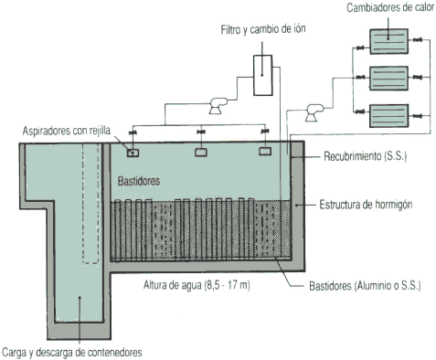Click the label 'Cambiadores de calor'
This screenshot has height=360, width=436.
coord(390,7)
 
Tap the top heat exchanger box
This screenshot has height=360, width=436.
coord(388,41)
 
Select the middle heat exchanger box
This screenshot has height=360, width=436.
coord(388,78)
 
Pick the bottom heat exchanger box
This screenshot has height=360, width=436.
coord(388,115)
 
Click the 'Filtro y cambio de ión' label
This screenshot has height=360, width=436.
coord(263,29)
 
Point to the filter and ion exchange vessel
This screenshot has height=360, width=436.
coord(263,75)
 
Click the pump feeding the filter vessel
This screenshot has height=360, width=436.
coord(218,105)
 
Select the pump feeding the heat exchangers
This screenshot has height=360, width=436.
coord(314,112)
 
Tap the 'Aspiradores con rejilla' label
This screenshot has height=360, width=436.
coord(67,131)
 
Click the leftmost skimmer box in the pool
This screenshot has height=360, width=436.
coord(133,153)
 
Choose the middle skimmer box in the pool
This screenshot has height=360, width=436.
coord(201,152)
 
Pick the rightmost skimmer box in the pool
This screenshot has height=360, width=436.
coord(265,152)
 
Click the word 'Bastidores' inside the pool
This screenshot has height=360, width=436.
coord(139,181)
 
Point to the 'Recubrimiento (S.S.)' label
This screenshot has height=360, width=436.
coord(365,156)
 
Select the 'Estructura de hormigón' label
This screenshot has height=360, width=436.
coord(366,205)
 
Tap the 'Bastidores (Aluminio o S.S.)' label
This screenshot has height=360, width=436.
coord(365,286)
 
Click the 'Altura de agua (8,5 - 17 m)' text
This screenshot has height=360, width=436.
coord(197,285)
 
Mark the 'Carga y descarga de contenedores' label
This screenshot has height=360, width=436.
coord(72,353)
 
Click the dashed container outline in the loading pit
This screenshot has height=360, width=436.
coord(83,204)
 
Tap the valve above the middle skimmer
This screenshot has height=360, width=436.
coord(201,132)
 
